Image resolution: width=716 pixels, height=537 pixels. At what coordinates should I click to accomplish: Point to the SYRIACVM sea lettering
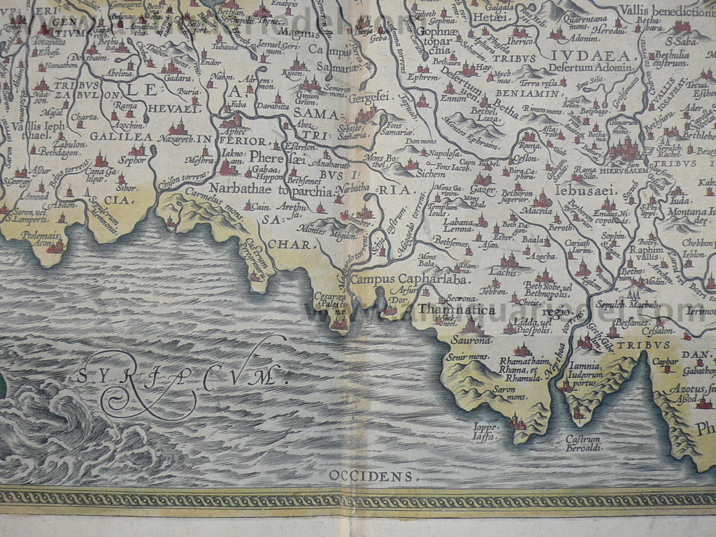tap(183, 375)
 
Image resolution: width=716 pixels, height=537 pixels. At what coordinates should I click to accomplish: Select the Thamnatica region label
tap(456, 309)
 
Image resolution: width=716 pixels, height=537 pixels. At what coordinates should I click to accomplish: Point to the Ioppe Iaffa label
tap(485, 431)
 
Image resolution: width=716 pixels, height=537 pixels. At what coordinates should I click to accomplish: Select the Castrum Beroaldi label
tap(583, 443)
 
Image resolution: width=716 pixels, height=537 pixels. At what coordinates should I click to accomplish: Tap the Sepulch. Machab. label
tap(627, 304)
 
